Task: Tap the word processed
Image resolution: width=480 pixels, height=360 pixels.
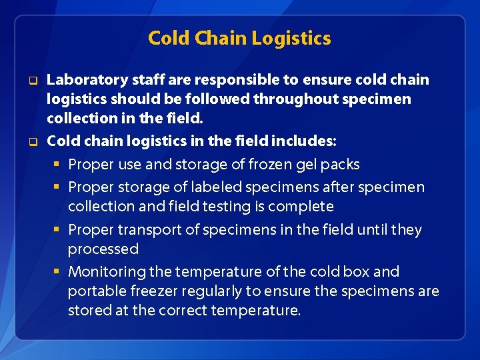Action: coord(103,249)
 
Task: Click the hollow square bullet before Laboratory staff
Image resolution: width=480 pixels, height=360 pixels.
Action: coord(31,81)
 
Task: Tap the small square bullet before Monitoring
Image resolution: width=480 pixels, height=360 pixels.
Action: coord(59,272)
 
